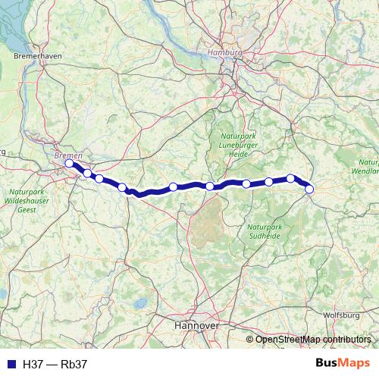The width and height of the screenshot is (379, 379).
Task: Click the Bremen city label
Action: coord(68,155)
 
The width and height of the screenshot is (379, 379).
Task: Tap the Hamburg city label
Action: coord(224,52)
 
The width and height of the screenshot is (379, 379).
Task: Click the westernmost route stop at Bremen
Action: coord(69,163)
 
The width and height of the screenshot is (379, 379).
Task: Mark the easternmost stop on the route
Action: coord(309,189)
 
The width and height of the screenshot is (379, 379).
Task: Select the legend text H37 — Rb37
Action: coord(55,365)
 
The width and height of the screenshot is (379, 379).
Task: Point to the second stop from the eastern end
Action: coord(290,179)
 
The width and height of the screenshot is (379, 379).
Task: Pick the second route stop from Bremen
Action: coord(87,174)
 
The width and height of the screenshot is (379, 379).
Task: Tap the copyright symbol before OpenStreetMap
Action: coord(250,340)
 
